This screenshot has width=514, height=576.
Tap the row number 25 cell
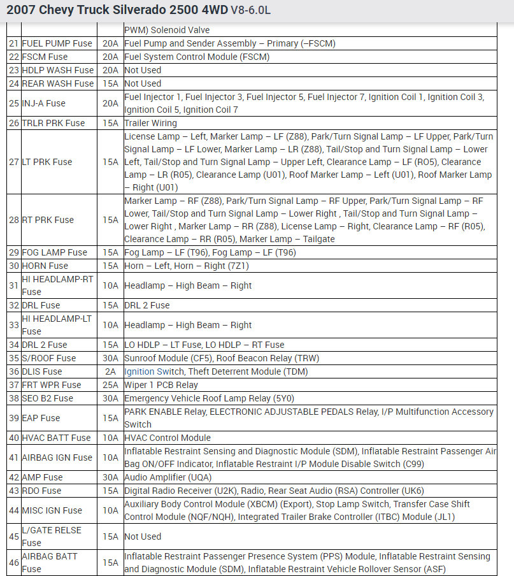pos(13,103)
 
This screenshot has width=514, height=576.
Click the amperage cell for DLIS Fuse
pos(110,371)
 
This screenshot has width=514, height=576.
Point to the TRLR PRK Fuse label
pos(53,123)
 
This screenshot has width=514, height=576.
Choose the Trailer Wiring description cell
pos(151,123)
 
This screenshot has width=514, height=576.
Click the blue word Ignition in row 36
pos(139,371)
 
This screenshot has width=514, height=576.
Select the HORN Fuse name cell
pos(46,266)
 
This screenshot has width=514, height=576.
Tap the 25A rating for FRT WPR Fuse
pos(110,385)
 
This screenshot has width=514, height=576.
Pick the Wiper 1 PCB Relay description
pos(161,385)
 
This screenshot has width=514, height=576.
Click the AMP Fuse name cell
pos(42,477)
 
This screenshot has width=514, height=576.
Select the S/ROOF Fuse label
pos(48,358)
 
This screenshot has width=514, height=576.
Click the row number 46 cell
pos(13,563)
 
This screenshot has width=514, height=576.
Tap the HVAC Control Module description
pos(168,438)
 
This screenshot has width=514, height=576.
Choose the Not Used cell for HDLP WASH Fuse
pos(143,70)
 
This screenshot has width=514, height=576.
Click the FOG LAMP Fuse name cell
pos(54,252)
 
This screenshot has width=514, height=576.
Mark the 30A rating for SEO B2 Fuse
pos(110,398)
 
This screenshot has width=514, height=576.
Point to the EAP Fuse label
pos(41,418)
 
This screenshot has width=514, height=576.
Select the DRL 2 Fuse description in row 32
pos(147,305)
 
